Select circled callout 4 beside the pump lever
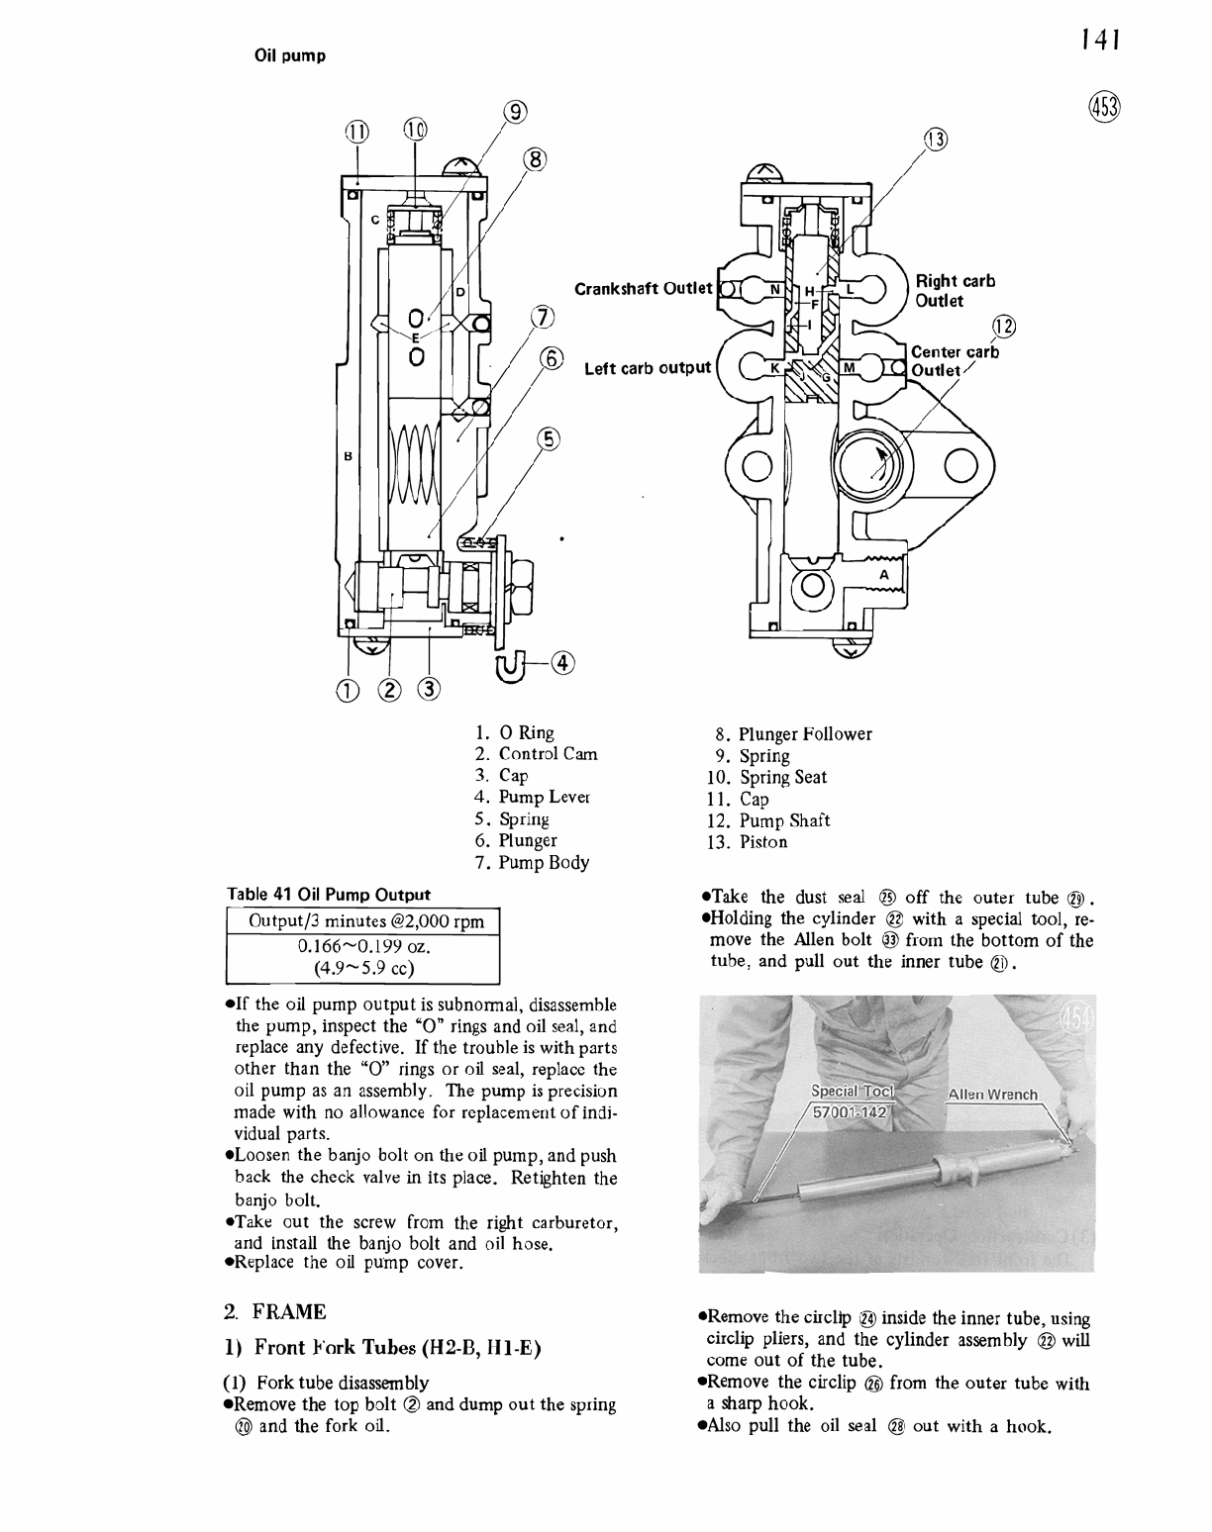564,661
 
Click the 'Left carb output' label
648,368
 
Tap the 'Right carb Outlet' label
955,290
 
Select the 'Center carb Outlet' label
954,360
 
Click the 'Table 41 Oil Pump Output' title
329,895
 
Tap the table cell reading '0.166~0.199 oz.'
363,947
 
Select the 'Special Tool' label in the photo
851,1091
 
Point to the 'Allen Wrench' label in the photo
992,1095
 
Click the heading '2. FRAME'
275,1312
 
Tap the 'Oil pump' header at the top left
290,55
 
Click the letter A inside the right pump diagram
884,575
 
